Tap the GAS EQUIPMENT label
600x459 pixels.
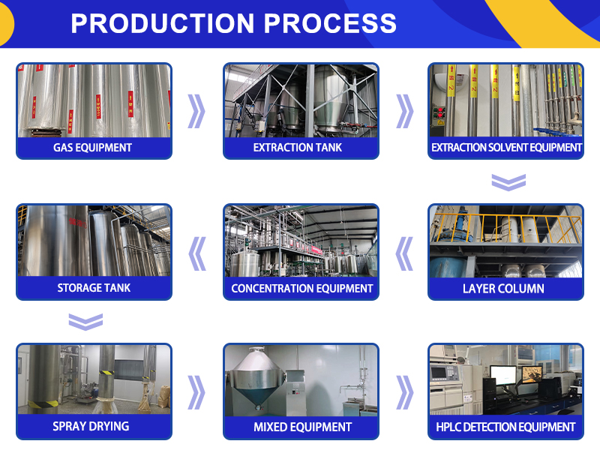93,148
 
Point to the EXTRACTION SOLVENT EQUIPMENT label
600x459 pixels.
506,148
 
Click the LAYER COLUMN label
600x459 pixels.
504,288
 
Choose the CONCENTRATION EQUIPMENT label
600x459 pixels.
301,288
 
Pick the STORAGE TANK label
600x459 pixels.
94,288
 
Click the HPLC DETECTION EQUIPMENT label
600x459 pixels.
505,427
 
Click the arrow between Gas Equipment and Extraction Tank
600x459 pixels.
196,111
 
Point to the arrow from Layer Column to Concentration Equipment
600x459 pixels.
404,253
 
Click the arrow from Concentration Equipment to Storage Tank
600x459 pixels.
197,253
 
